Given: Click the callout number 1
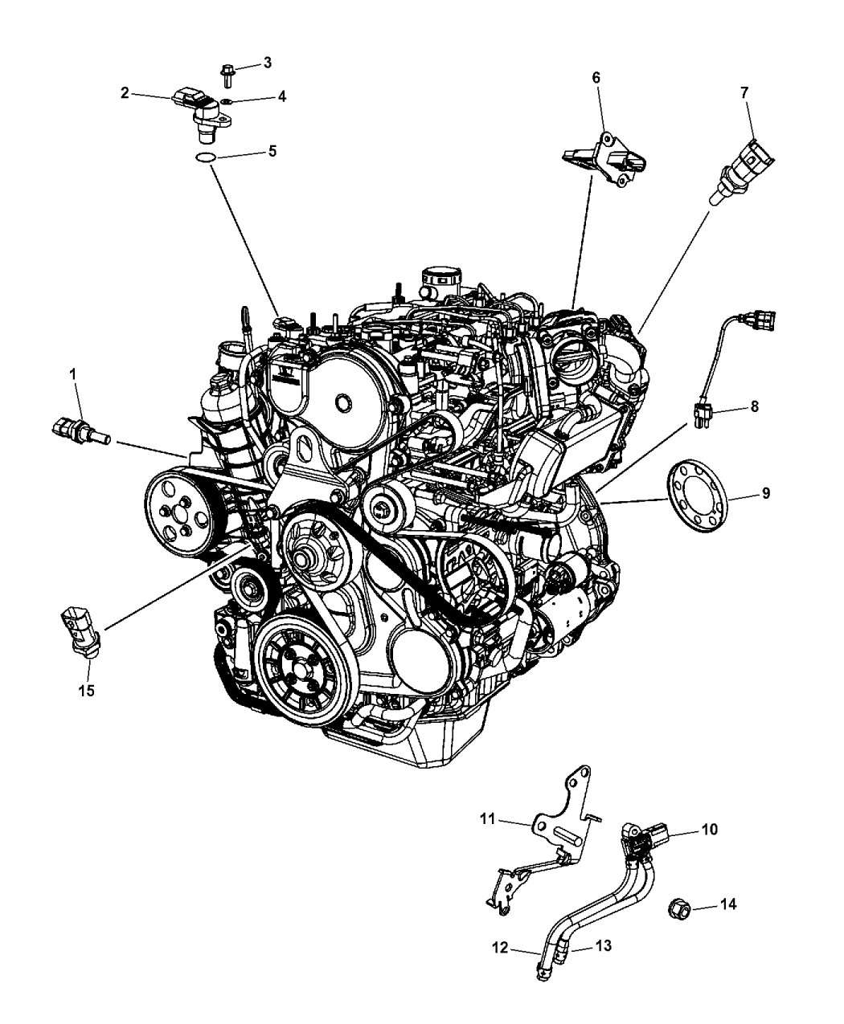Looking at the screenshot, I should pos(73,373).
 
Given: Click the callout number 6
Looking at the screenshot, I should pos(596,77).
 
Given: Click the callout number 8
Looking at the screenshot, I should pos(754,408).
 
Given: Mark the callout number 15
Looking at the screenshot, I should pos(86,690).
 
